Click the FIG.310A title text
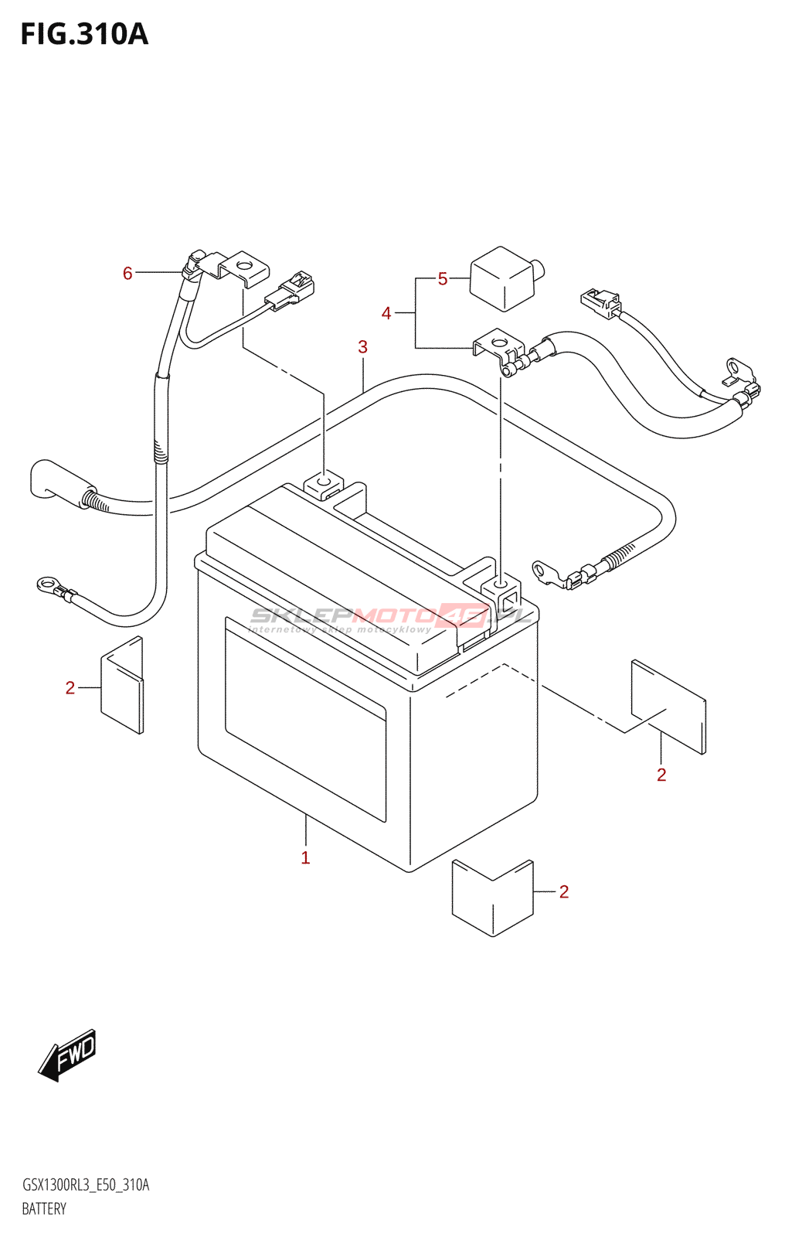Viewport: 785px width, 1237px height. pos(84,35)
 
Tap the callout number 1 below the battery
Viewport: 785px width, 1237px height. pos(305,857)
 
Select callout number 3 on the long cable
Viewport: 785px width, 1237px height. pos(362,347)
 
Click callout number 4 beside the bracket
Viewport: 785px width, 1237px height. pos(386,313)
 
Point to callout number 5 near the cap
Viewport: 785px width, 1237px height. pos(443,279)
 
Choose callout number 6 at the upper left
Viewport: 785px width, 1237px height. pos(127,273)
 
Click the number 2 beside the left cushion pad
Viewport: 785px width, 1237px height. pos(70,687)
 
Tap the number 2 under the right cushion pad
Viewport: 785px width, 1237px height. pos(661,775)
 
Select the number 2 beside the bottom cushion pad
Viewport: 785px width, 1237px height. pos(564,892)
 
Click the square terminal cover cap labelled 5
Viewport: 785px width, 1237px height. pos(504,279)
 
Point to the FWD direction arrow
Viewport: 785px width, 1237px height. pos(68,1055)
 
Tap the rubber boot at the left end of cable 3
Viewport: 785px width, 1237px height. pos(54,485)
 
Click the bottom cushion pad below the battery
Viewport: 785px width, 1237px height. pos(493,898)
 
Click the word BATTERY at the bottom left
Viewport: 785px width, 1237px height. pos(44,1209)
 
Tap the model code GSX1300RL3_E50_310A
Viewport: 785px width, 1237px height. pos(86,1185)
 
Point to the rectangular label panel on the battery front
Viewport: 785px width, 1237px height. pos(305,719)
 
